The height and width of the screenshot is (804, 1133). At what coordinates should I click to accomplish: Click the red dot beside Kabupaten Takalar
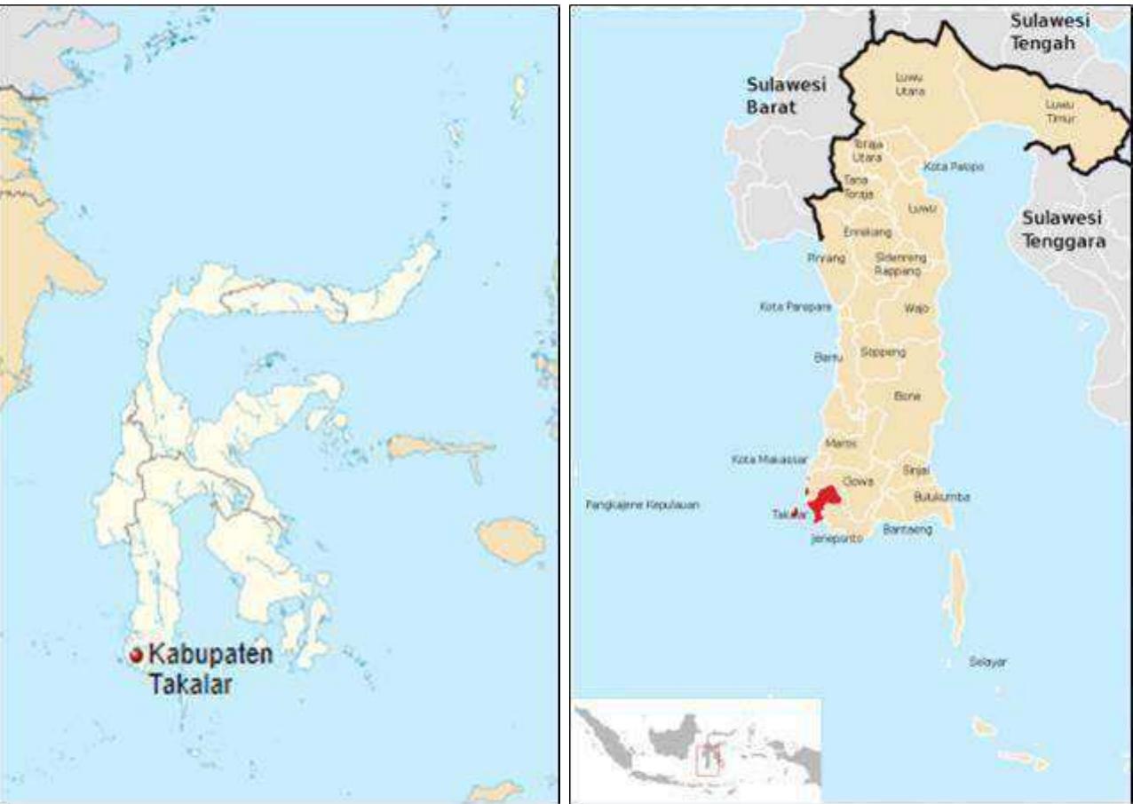136,655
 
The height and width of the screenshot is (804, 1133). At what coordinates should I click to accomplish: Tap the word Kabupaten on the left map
210,654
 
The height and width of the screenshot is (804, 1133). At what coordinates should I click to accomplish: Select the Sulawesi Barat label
786,95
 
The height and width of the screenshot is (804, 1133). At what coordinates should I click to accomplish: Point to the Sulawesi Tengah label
1054,31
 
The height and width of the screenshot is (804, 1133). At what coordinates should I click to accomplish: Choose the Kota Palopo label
953,166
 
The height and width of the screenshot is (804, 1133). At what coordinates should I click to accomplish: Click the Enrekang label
868,231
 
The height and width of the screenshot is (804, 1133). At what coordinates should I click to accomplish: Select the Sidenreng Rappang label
900,264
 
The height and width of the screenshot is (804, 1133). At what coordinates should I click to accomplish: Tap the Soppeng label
883,351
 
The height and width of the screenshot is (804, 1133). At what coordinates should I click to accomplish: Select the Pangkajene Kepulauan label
642,504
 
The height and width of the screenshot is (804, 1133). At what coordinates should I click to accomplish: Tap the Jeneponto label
836,538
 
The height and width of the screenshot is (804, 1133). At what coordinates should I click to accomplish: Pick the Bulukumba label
941,497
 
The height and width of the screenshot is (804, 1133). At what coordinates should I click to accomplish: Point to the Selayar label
988,662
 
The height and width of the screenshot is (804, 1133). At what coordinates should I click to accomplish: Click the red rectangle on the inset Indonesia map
708,759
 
